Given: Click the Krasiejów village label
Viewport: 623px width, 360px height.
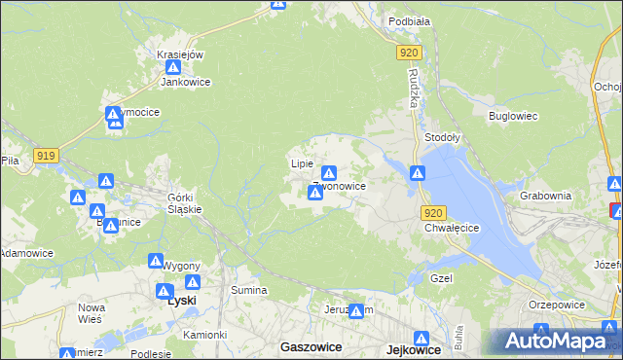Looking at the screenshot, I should [180, 54].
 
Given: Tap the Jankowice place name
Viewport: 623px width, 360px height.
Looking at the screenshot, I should [186, 83].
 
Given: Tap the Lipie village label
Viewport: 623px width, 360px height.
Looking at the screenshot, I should [302, 163].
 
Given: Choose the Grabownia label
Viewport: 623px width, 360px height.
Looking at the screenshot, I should [546, 195].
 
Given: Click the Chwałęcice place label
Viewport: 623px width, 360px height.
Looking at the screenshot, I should [453, 228].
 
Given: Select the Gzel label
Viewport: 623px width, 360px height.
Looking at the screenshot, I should [443, 277].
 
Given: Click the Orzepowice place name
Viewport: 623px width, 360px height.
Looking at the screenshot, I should [556, 304].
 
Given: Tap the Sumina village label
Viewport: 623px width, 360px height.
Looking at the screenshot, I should [248, 290].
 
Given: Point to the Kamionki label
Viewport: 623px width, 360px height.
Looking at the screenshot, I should [204, 334].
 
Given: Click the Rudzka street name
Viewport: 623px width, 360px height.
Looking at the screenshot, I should [413, 92].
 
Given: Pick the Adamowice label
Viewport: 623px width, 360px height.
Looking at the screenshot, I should [25, 252].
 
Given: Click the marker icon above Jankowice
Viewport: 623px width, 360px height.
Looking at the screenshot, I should [173, 68].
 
